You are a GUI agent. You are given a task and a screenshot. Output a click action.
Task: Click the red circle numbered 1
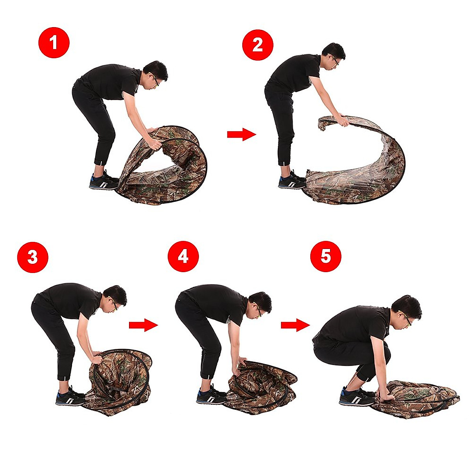[x=54, y=42]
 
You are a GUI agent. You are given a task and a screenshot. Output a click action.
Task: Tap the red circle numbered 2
[x=258, y=45]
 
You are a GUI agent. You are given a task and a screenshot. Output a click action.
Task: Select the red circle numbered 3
[x=33, y=257]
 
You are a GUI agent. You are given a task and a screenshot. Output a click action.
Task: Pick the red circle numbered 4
[x=183, y=256]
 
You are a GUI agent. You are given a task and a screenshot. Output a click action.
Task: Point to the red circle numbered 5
[x=326, y=256]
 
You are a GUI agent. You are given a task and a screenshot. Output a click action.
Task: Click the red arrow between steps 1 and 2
[x=242, y=134]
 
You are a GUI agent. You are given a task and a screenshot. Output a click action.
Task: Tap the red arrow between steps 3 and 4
[x=144, y=325]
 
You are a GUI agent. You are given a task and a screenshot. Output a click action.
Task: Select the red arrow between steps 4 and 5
[x=295, y=325]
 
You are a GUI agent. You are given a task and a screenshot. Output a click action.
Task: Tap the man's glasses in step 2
[x=335, y=60]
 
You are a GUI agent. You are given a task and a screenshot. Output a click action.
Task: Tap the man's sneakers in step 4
[x=211, y=395]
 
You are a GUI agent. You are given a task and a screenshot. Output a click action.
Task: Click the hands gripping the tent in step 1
[x=154, y=138]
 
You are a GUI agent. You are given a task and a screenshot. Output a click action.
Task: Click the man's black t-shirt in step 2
[x=294, y=73]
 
